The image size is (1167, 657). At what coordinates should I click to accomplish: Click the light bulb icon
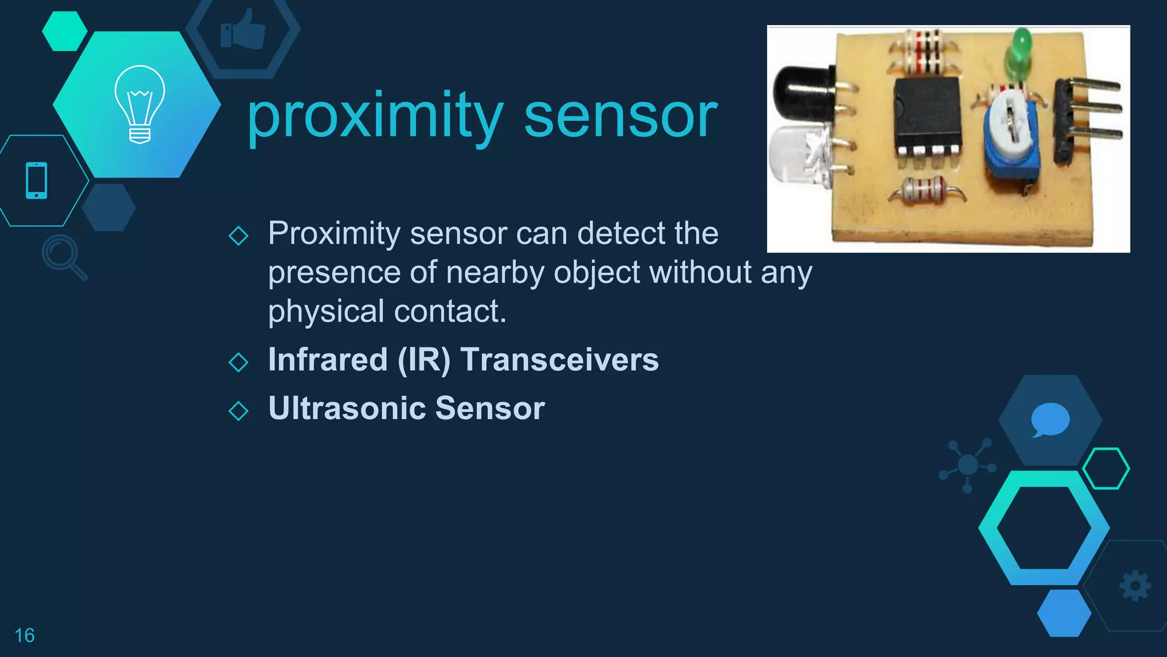[x=140, y=104]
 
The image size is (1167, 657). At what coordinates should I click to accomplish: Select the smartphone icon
[x=36, y=180]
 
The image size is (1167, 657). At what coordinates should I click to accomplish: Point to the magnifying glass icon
[x=63, y=256]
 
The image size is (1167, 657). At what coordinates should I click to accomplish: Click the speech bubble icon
[x=1050, y=419]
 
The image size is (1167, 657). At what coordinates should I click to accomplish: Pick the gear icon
[x=1135, y=585]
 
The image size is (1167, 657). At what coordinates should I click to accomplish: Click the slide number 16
[x=25, y=635]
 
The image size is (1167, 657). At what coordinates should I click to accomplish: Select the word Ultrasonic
[x=348, y=408]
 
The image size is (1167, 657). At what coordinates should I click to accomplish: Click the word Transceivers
[x=560, y=360]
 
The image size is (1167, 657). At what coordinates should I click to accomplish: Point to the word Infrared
[x=328, y=360]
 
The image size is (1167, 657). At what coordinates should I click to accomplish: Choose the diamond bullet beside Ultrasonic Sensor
[x=238, y=411]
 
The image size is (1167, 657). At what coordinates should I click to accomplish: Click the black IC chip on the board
[x=927, y=114]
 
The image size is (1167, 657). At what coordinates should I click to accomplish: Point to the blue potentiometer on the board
[x=1011, y=140]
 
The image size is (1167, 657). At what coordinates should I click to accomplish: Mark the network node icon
[x=968, y=465]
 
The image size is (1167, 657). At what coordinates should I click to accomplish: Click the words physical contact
[x=387, y=312]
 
